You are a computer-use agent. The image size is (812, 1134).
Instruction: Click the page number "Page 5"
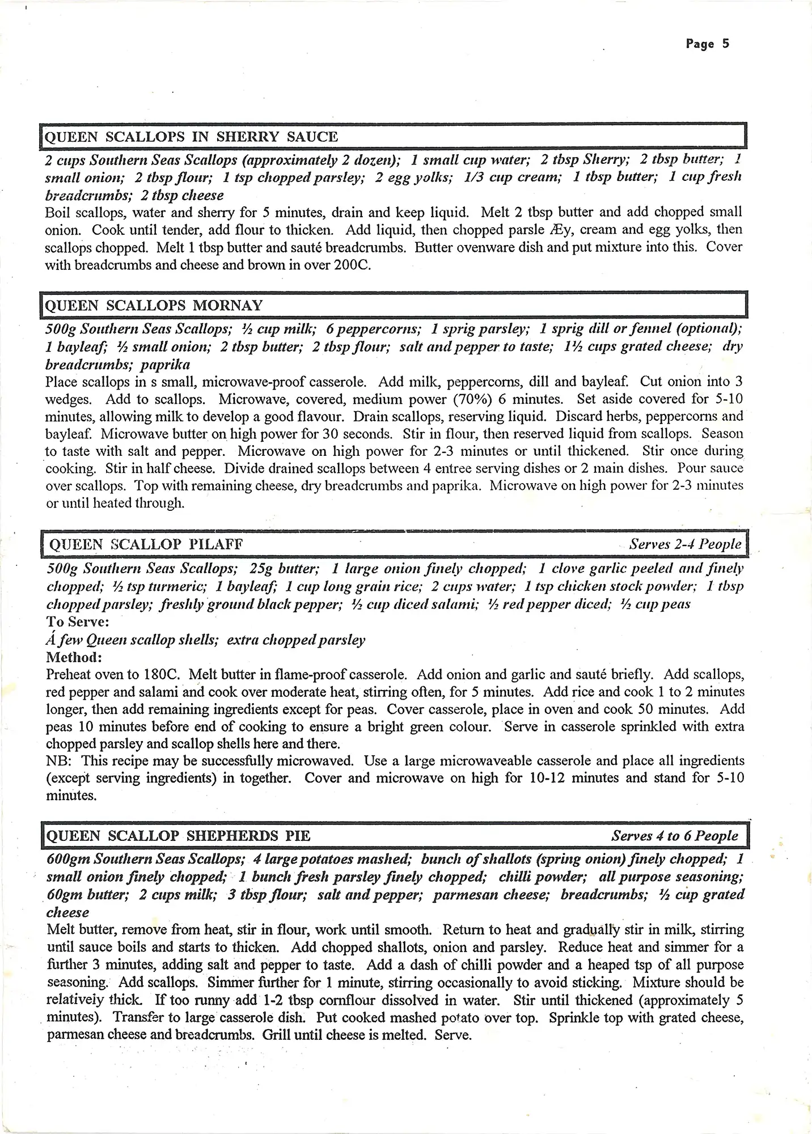707,44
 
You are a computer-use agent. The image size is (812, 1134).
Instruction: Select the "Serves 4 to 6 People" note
674,836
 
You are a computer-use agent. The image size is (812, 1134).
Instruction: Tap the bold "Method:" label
74,657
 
